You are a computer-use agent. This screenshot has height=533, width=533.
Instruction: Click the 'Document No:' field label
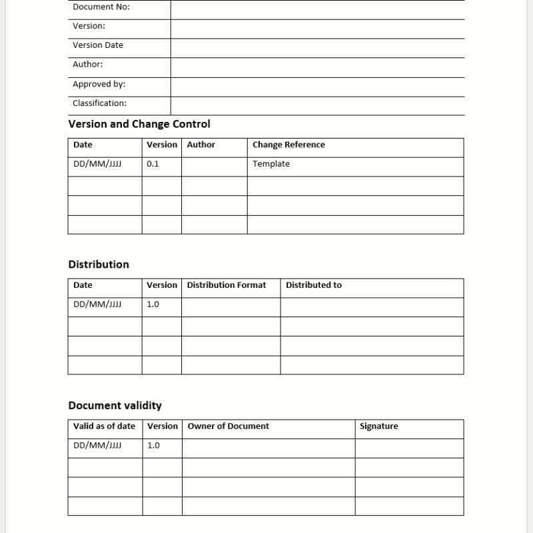[x=101, y=7]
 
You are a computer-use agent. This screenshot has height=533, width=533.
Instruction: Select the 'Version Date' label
[x=98, y=45]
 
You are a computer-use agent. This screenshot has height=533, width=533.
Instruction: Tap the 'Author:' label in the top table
[x=87, y=65]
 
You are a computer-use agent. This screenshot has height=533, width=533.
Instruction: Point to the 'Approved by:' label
[x=99, y=85]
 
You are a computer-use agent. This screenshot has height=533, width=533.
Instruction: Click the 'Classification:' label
[x=99, y=103]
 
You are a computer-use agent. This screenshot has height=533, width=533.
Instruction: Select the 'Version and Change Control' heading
[x=139, y=124]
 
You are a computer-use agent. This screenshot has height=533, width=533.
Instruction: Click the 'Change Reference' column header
[x=288, y=145]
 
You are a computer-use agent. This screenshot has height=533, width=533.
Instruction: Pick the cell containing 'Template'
[x=271, y=164]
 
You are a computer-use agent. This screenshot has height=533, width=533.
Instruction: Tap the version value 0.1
[x=153, y=164]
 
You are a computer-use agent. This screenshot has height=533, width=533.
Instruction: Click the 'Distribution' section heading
[x=99, y=265]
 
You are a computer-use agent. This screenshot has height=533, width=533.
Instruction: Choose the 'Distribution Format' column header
[x=226, y=285]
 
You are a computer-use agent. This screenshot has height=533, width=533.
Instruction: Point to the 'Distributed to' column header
[x=314, y=285]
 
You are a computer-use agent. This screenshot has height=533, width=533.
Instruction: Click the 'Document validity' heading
[x=115, y=406]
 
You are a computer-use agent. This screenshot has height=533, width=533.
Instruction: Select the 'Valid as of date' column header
[x=104, y=426]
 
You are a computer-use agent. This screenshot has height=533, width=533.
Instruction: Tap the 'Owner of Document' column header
[x=229, y=426]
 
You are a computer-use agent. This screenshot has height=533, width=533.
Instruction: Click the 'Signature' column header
[x=378, y=426]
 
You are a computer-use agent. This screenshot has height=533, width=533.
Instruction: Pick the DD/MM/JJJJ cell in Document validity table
[x=97, y=446]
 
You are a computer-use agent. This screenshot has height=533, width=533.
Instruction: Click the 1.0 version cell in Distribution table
[x=153, y=304]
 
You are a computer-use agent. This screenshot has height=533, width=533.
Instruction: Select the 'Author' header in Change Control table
[x=201, y=145]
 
